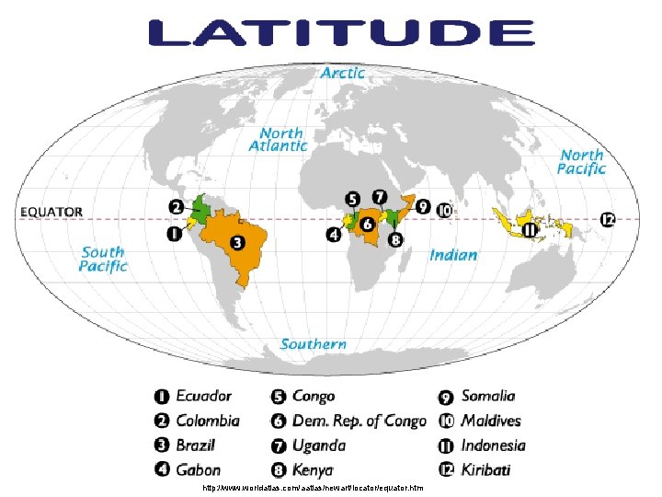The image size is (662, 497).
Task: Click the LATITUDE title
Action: tap(340, 33)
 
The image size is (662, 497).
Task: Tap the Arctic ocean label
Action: tap(342, 72)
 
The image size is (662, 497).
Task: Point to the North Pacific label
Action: tap(582, 162)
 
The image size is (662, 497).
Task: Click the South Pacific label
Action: tap(103, 259)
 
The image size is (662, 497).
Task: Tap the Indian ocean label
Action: tap(453, 255)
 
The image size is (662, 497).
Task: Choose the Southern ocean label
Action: tap(314, 344)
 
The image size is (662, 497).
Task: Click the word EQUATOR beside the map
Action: tap(51, 212)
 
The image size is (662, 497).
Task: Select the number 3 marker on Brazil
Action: tap(237, 243)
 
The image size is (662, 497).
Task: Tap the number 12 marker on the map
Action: tap(608, 220)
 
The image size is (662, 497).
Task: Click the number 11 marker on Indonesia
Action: tap(530, 230)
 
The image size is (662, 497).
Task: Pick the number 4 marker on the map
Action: tap(333, 235)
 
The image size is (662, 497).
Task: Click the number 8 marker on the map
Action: tap(395, 240)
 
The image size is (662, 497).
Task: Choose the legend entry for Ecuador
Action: tap(203, 397)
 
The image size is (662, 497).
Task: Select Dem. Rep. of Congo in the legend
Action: tap(360, 422)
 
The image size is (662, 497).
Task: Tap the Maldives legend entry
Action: tap(491, 422)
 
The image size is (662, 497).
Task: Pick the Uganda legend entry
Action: tap(318, 445)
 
